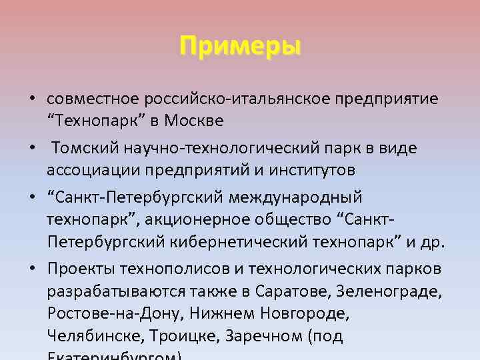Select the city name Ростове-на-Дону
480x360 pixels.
tap(114, 313)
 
